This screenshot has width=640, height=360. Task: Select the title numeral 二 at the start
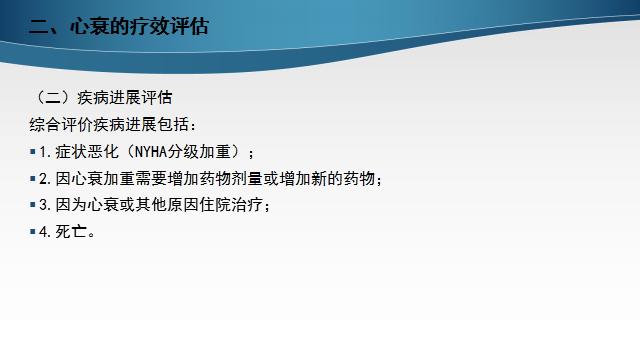coord(40,28)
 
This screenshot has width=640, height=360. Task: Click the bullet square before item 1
coord(33,152)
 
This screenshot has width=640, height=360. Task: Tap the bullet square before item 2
coord(33,179)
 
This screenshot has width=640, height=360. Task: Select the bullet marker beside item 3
coord(33,205)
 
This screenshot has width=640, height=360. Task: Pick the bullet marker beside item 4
coord(33,231)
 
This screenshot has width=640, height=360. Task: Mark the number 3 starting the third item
coord(43,205)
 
